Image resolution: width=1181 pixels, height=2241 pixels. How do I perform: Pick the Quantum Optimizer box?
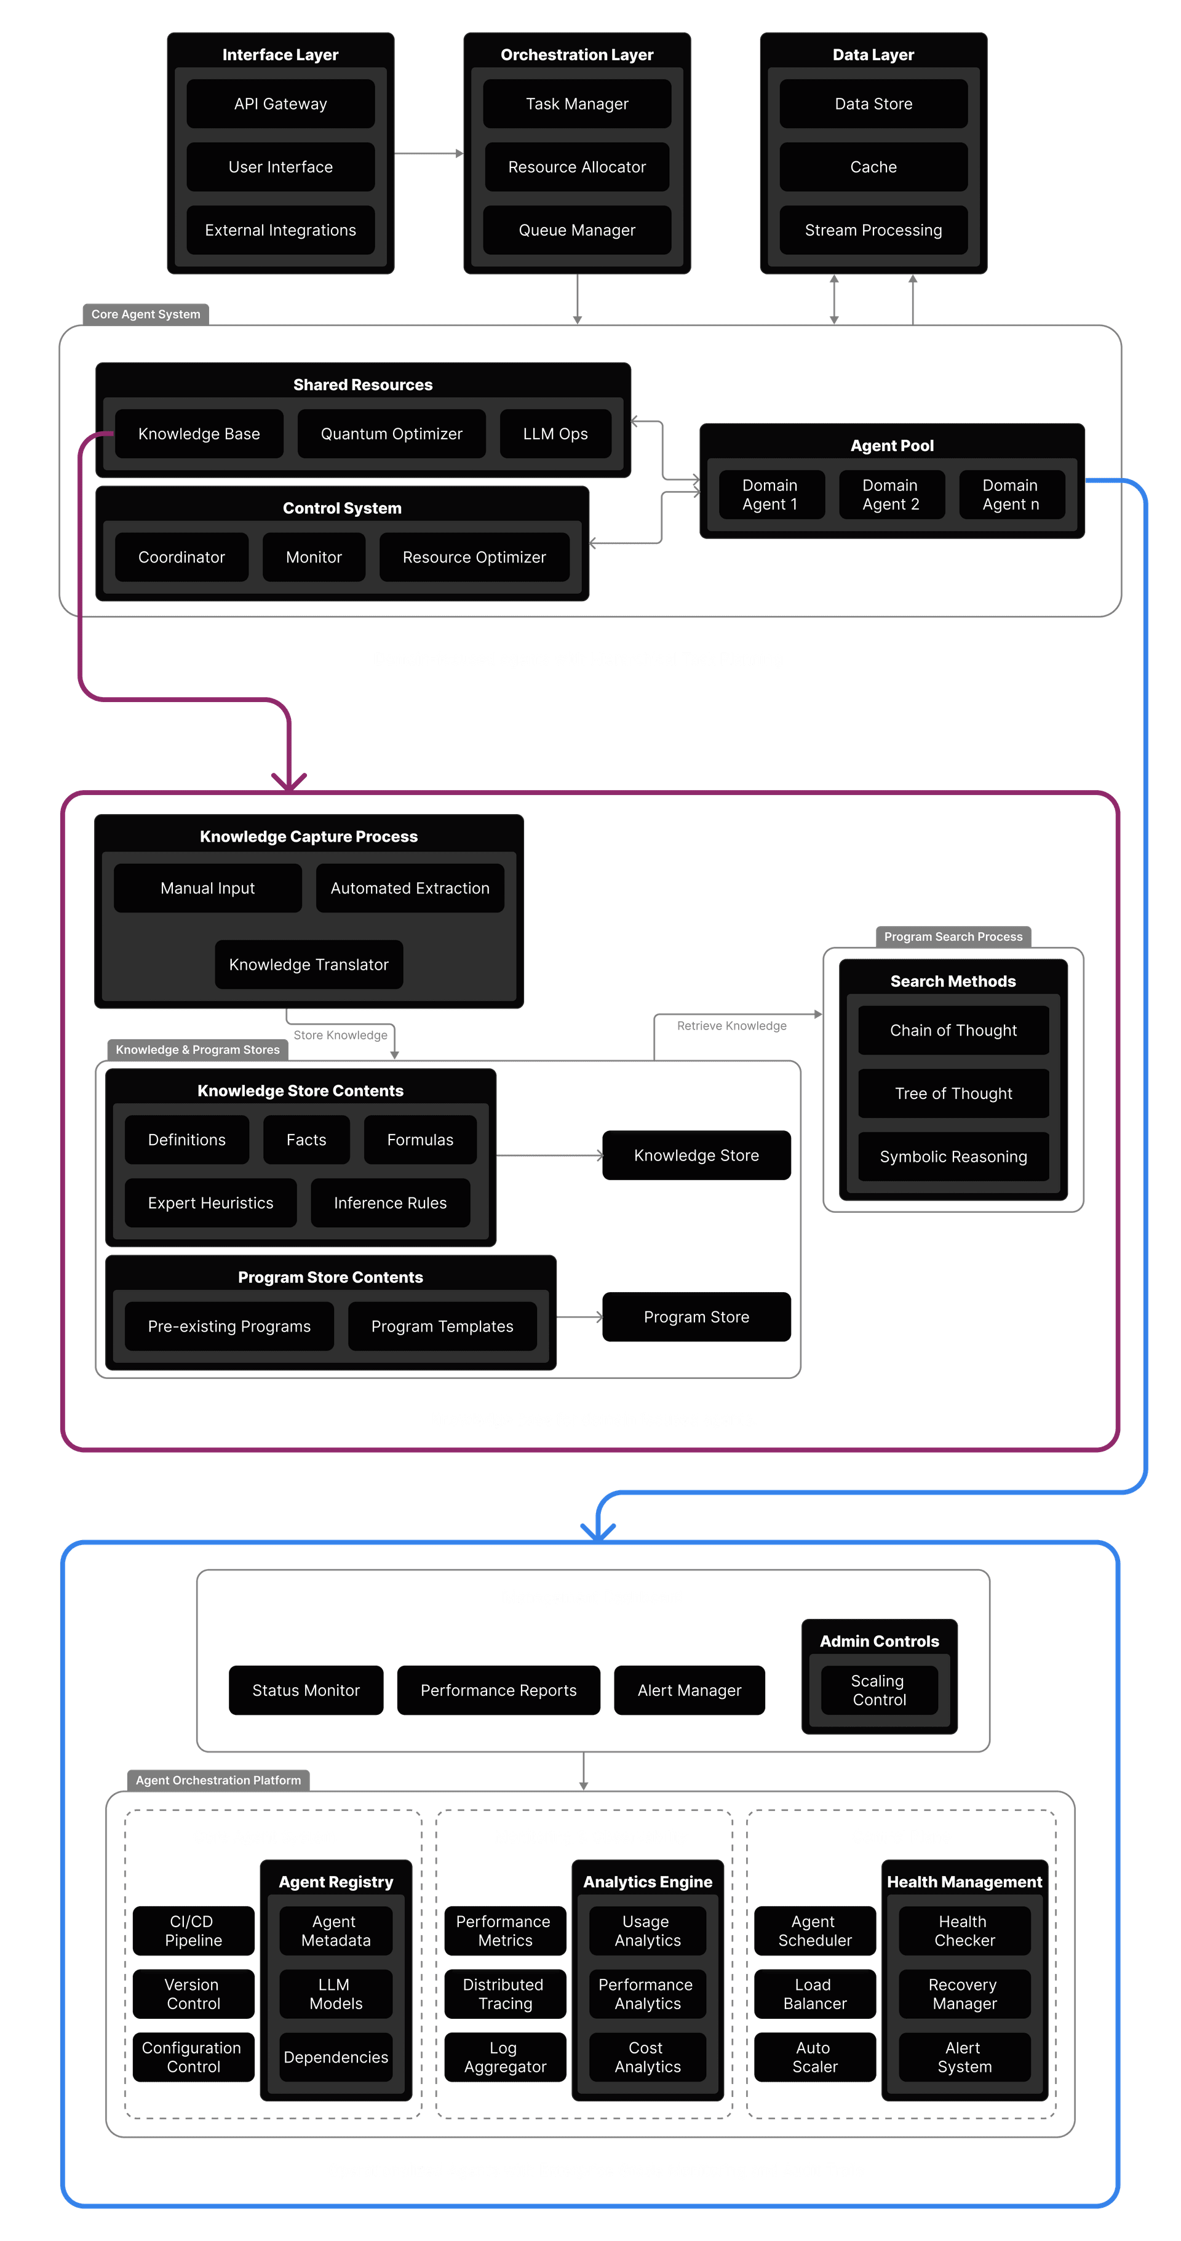391,434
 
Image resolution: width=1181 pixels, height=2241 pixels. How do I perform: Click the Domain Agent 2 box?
891,495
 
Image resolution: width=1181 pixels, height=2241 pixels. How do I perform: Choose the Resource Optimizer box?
474,557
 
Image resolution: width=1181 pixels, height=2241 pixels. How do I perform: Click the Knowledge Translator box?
309,965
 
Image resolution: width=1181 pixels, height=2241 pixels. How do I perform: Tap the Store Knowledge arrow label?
341,1035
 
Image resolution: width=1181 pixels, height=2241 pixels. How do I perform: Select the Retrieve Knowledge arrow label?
731,1026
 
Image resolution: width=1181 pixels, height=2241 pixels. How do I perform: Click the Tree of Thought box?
953,1093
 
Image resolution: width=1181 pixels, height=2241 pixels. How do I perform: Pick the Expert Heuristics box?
210,1203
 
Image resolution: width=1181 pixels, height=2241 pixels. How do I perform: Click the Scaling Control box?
878,1690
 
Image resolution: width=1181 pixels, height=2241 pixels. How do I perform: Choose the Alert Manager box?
689,1690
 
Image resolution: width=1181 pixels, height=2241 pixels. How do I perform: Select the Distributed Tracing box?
504,1994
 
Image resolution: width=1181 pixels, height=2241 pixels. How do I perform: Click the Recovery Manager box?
964,1994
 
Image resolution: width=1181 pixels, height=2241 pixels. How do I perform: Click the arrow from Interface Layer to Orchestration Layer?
428,154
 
